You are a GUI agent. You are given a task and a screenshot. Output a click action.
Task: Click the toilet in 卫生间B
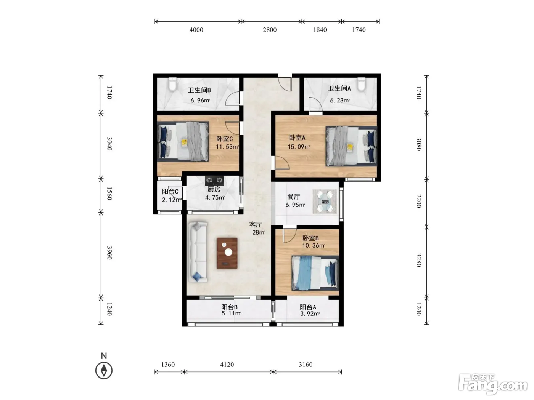[172, 84]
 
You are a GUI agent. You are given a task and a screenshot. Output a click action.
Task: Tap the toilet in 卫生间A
[362, 84]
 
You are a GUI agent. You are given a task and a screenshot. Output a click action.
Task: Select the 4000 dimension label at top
[196, 30]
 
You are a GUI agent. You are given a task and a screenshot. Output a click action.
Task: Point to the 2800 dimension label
[270, 30]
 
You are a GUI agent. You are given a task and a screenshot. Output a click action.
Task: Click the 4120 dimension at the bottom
[227, 365]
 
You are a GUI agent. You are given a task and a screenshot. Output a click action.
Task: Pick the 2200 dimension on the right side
[418, 201]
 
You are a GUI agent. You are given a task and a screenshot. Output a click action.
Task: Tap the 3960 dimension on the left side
[109, 253]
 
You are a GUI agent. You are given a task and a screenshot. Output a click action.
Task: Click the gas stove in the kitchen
[214, 181]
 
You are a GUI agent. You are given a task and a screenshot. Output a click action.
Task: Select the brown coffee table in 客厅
[227, 253]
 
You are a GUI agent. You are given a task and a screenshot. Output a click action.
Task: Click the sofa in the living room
[198, 252]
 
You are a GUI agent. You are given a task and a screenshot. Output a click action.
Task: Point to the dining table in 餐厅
[325, 202]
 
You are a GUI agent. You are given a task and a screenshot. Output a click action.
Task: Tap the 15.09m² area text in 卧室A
[299, 147]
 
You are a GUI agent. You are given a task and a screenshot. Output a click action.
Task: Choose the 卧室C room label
[225, 139]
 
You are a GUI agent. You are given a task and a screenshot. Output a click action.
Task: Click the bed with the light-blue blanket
[315, 273]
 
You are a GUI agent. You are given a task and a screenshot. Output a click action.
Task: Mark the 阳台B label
[229, 307]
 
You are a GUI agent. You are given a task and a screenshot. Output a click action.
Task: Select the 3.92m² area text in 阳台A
[310, 314]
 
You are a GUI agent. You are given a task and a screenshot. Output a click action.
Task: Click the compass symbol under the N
[104, 371]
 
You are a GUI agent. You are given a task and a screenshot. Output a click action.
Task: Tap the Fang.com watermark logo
[493, 385]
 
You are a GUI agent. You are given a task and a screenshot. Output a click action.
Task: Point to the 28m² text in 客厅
[259, 232]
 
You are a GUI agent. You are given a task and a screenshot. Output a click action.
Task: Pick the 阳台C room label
[170, 191]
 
